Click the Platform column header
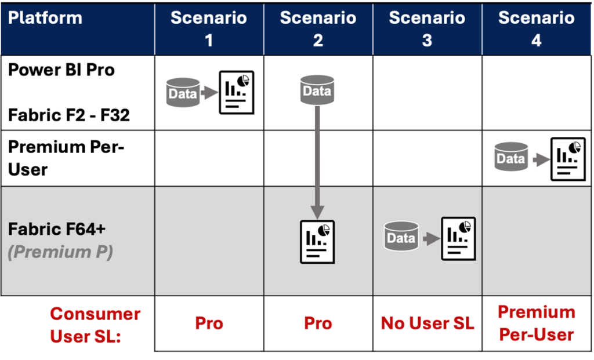[x=45, y=18]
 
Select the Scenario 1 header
[x=209, y=28]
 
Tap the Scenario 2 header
[x=318, y=28]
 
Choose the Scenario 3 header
[x=427, y=28]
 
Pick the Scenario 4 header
[x=536, y=28]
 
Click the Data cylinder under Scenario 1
[x=183, y=93]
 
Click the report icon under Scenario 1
[x=236, y=92]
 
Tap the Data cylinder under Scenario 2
[x=317, y=90]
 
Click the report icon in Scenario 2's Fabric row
[x=317, y=242]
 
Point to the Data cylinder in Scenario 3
[x=401, y=237]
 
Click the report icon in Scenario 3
[x=458, y=238]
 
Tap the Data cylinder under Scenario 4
[x=511, y=157]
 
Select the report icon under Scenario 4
[x=568, y=158]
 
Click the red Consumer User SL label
[x=95, y=325]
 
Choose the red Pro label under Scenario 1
[x=209, y=324]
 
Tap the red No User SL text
[x=428, y=324]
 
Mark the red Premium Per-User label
[x=536, y=323]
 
